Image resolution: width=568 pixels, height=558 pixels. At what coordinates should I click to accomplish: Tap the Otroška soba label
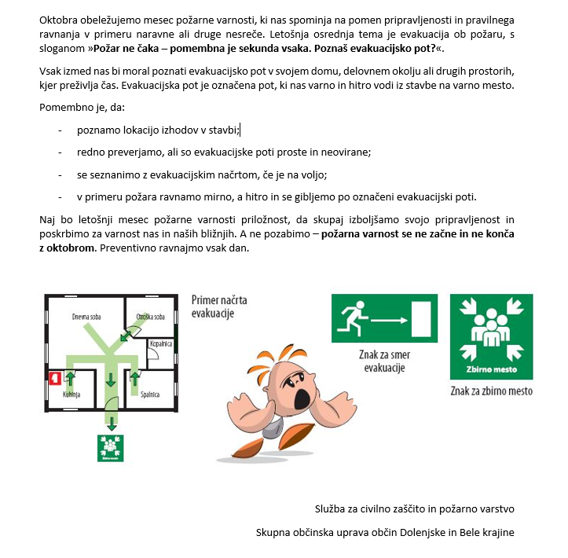[x=151, y=317]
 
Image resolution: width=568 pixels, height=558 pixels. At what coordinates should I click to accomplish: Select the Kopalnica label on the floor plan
[x=161, y=343]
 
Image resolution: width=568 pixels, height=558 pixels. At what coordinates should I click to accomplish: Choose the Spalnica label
[x=150, y=394]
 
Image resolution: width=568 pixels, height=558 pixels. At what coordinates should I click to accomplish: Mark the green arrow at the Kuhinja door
[x=71, y=380]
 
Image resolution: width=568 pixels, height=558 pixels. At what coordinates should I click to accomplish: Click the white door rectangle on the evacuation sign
[x=422, y=320]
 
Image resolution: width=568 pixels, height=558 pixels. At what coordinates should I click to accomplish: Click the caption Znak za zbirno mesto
[x=491, y=391]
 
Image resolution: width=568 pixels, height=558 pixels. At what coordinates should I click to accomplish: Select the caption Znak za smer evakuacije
[x=384, y=362]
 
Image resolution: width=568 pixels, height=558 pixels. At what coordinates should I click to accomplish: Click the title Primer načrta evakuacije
[x=218, y=306]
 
